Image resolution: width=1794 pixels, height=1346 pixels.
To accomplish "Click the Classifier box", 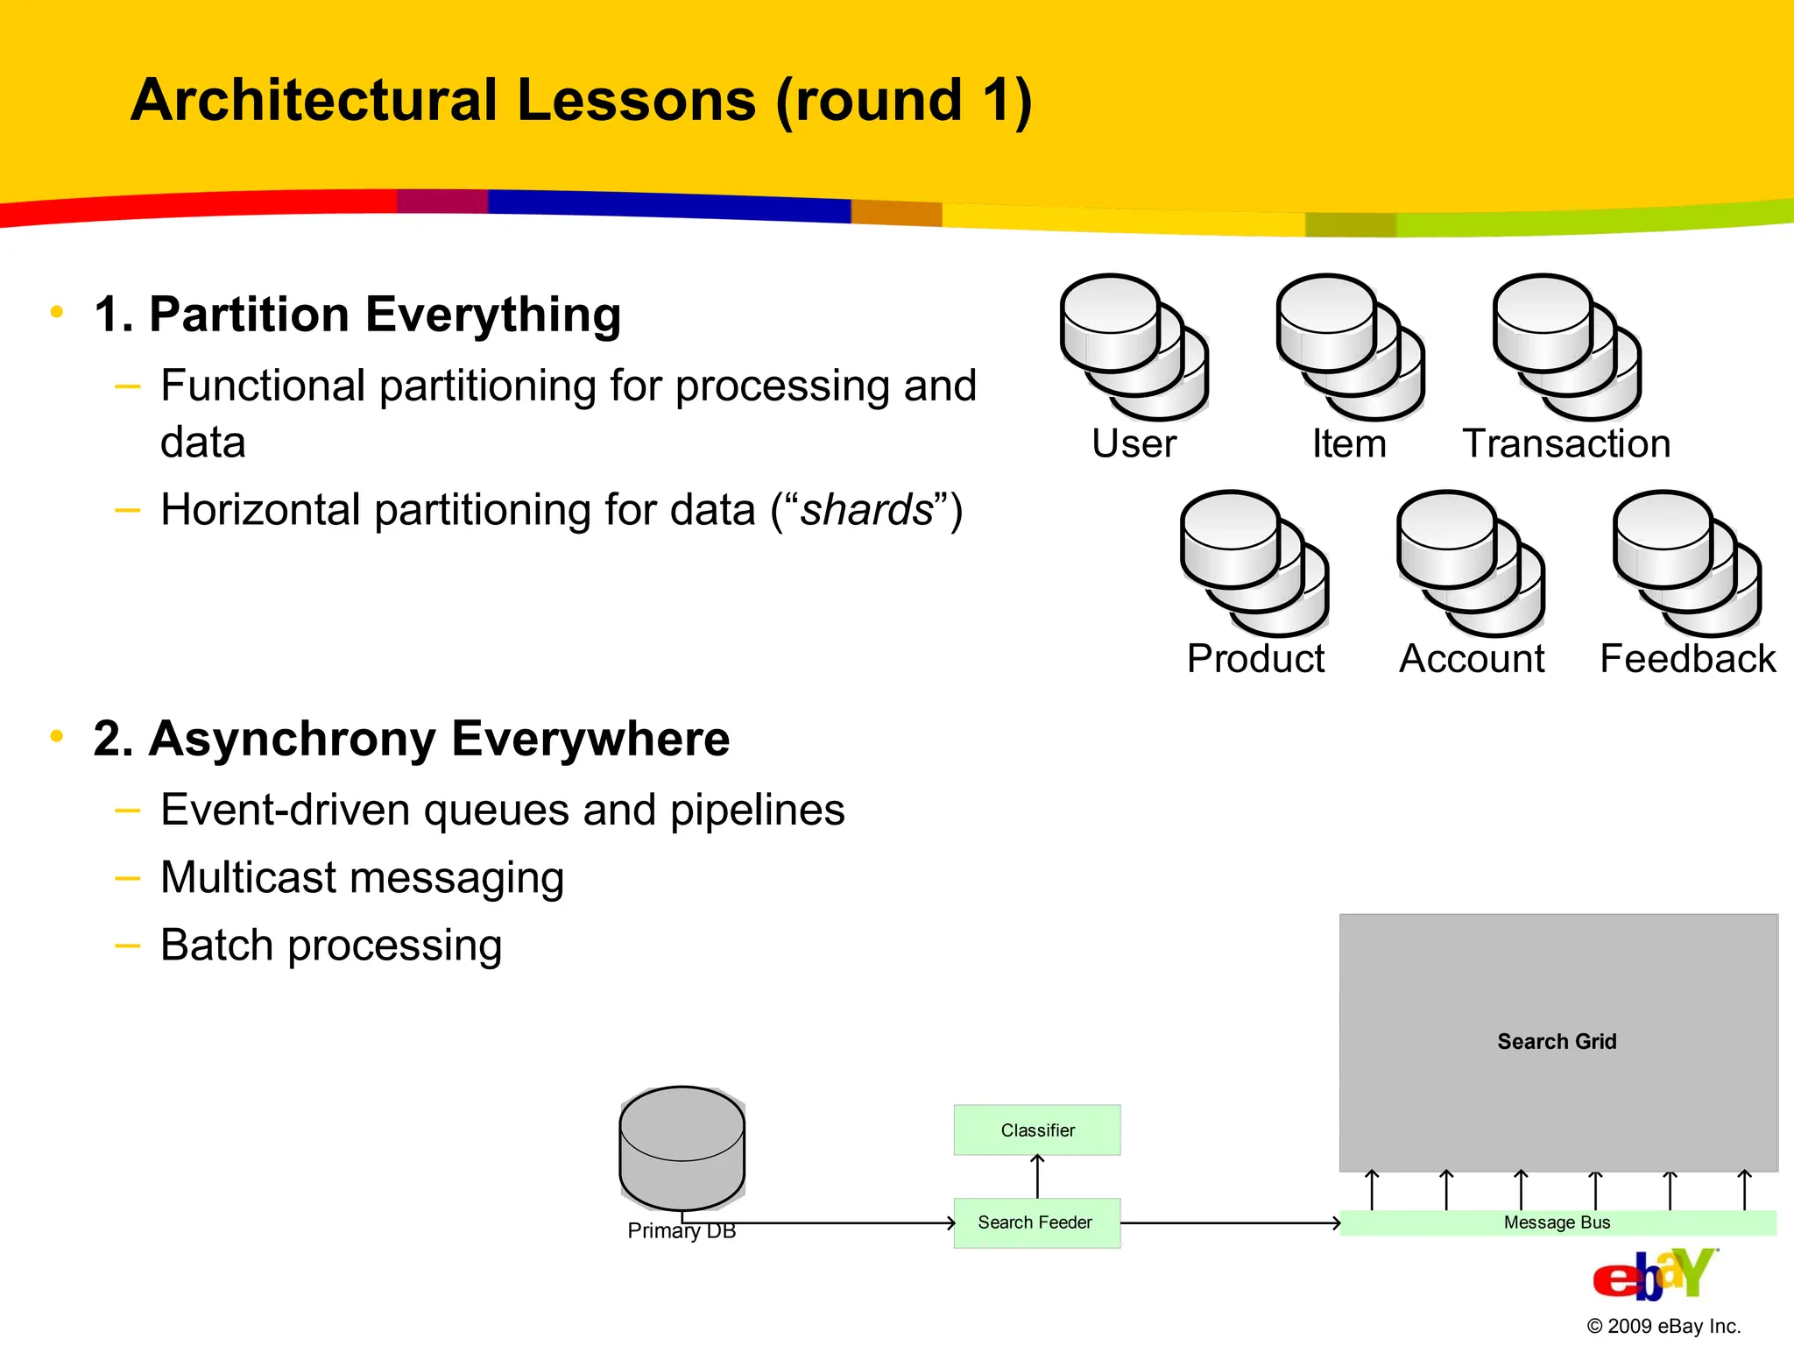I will (x=1037, y=1130).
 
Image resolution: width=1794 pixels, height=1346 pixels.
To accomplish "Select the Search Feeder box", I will (x=1036, y=1222).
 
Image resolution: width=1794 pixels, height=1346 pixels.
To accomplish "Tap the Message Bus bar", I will (x=1557, y=1222).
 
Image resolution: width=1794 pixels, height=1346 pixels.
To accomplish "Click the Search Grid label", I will (x=1557, y=1041).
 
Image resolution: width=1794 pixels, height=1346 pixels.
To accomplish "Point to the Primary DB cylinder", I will (x=682, y=1149).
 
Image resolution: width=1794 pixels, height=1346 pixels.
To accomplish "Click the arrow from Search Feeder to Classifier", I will (x=1037, y=1176).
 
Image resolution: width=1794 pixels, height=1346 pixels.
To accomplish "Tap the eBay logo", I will (x=1654, y=1275).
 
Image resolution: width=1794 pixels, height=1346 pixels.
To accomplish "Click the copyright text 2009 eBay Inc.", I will (x=1663, y=1326).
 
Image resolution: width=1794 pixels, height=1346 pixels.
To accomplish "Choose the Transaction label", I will (x=1566, y=443).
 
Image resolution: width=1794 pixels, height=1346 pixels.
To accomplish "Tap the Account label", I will (x=1472, y=659).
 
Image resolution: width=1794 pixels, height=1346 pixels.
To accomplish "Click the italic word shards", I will (x=867, y=510).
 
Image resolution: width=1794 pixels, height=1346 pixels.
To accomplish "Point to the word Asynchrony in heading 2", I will (x=293, y=739).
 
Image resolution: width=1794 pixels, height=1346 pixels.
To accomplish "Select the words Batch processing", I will (x=331, y=946).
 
